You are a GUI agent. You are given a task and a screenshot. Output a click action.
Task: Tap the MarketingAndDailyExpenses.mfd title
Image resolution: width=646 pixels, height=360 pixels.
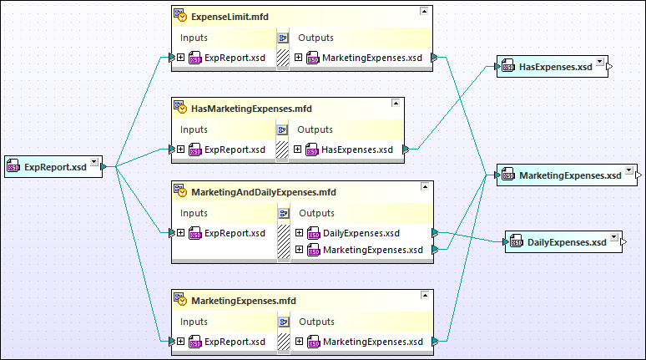point(263,192)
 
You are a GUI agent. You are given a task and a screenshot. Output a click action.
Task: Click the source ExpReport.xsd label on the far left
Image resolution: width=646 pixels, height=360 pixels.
point(54,167)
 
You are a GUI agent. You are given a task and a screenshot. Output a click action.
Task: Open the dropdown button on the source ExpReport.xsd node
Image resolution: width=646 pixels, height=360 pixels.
point(93,163)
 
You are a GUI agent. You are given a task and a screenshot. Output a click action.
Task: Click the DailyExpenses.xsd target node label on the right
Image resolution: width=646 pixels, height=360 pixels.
point(567,242)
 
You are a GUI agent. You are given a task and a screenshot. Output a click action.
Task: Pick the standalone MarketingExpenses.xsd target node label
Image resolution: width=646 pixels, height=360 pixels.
point(570,175)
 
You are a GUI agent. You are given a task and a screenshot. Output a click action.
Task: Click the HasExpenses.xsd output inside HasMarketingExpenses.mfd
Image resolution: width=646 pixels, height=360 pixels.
point(356,150)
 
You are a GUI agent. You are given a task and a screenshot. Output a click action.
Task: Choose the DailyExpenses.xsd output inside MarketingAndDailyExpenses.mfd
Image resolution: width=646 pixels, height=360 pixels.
point(361,233)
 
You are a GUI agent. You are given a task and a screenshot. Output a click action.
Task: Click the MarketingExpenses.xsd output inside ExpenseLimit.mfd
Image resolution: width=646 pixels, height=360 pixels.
point(371,58)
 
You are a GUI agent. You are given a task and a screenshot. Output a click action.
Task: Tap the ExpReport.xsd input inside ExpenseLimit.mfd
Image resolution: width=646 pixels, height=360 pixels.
point(235,58)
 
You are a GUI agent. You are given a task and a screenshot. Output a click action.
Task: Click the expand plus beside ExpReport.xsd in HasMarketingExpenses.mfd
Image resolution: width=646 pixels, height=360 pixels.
point(181,150)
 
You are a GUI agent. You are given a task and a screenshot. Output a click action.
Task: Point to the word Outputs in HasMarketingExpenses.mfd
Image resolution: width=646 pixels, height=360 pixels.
point(315,129)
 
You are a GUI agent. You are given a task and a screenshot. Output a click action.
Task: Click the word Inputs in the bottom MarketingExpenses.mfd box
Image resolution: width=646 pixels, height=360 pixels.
point(194,322)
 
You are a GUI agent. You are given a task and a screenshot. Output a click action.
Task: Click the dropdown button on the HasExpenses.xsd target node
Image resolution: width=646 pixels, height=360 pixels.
point(600,63)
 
